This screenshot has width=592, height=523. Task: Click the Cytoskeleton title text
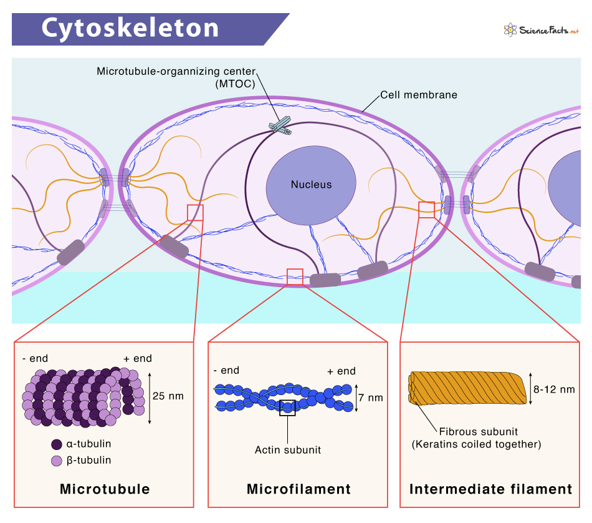[130, 29]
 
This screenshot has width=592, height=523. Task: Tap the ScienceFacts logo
[541, 29]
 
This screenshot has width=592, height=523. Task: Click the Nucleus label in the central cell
[312, 184]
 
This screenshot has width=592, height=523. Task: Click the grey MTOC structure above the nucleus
[280, 125]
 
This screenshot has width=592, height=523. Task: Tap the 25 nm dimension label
[168, 395]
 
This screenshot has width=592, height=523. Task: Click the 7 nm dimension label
[371, 397]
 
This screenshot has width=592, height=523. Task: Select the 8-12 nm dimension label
[554, 389]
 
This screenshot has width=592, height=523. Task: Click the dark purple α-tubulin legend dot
[56, 445]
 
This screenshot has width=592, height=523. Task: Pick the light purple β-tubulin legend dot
[56, 461]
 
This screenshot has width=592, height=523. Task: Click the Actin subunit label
[288, 449]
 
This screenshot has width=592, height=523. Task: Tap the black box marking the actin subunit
[287, 408]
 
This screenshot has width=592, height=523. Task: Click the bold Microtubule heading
[105, 489]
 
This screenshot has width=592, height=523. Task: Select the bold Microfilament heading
[298, 489]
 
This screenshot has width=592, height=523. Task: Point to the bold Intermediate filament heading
[490, 489]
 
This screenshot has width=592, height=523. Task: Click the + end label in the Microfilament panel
[341, 371]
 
